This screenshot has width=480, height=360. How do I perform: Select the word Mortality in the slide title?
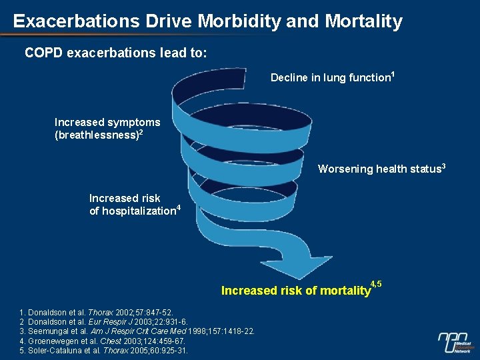coord(364,21)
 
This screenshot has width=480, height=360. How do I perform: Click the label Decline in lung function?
coord(330,78)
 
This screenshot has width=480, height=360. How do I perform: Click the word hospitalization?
coord(139,211)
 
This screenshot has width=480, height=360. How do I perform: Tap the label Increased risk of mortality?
coord(295,291)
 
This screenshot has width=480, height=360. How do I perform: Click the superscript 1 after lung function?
coord(393,74)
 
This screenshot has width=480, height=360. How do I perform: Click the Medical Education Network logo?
coord(455,341)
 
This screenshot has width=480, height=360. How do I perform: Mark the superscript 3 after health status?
coord(443,165)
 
